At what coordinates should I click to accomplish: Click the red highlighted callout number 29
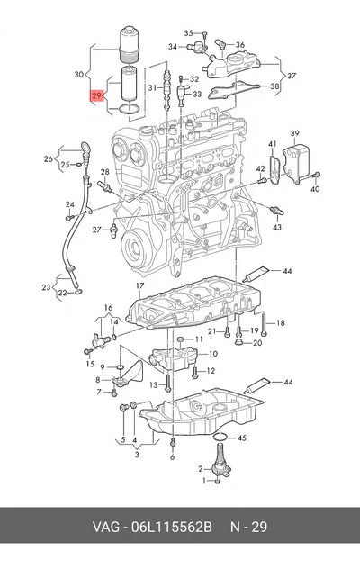[x=96, y=95]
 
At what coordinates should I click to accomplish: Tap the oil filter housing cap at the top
[x=130, y=44]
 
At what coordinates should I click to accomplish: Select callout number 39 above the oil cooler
[x=294, y=133]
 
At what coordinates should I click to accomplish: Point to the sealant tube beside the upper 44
[x=256, y=274]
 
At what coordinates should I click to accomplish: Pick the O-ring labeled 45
[x=220, y=438]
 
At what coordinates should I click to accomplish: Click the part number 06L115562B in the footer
[x=171, y=527]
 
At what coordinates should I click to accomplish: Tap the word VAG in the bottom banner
[x=105, y=527]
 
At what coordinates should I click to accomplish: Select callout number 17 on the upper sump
[x=140, y=286]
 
